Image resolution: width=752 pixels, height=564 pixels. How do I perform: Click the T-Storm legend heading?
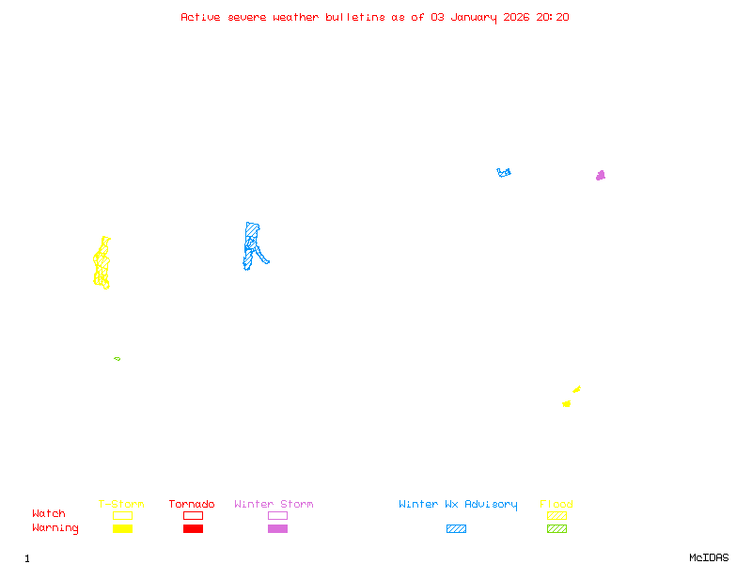pos(121,505)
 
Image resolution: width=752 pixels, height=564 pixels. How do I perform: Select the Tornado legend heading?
pos(192,505)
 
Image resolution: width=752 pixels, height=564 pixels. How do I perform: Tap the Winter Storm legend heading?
pos(274,505)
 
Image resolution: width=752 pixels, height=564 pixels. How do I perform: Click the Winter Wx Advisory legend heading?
pos(458,505)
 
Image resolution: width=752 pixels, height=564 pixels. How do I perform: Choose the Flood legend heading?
pos(556,505)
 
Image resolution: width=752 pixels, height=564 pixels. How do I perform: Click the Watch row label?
pos(49,514)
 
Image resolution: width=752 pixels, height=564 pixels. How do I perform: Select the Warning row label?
pos(55,528)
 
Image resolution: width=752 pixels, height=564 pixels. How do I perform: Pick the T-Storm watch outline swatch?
pos(122,515)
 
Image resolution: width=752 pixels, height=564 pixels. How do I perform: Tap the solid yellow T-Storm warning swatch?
pos(122,529)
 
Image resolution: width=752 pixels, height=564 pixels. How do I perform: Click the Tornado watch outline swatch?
pos(193,515)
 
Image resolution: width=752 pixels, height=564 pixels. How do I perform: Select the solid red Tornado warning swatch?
pos(193,529)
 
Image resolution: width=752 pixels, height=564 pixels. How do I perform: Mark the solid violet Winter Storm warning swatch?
pos(277,529)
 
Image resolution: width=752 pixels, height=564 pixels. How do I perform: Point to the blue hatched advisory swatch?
pos(456,529)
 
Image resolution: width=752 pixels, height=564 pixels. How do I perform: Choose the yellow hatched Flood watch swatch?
pos(556,515)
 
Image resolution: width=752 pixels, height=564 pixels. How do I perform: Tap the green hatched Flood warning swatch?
pos(556,529)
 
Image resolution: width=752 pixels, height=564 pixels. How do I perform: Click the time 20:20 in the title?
pos(553,17)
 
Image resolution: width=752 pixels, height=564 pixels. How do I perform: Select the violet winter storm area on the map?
pos(601,176)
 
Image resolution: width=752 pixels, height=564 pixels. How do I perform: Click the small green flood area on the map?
pos(117,358)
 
